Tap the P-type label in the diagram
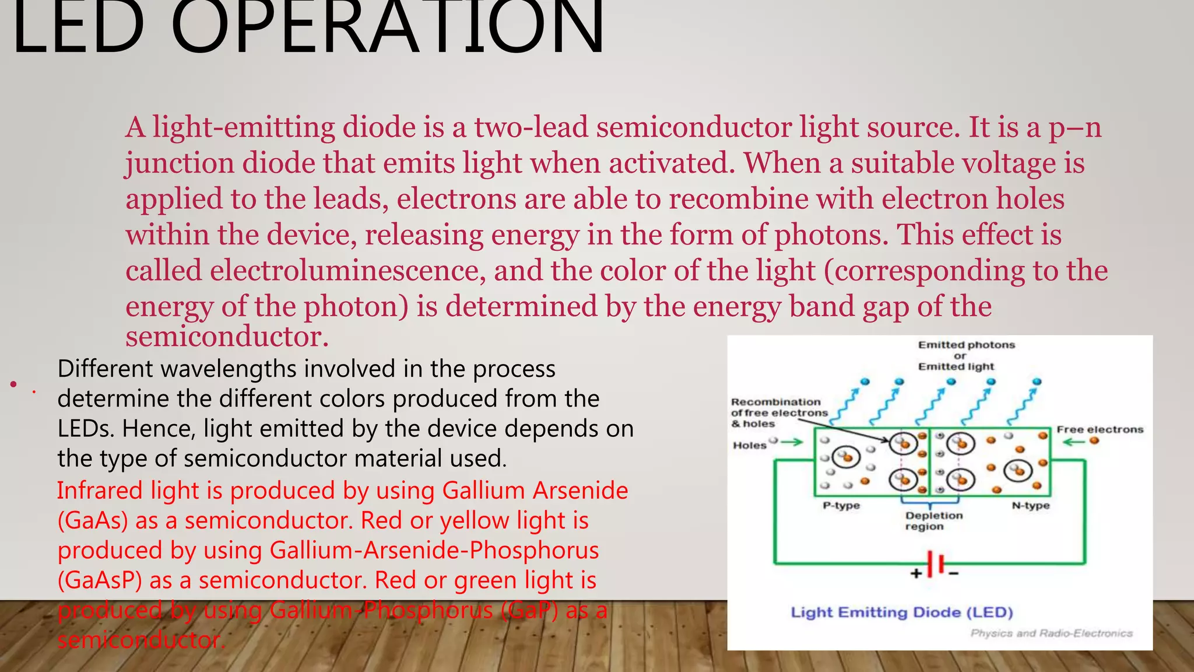(x=841, y=505)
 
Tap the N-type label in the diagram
(x=1030, y=505)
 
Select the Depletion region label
(x=933, y=521)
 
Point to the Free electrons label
(x=1100, y=429)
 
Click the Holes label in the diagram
(x=749, y=445)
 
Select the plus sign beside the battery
(x=916, y=573)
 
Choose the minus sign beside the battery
(x=954, y=574)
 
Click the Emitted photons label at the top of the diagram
(x=966, y=345)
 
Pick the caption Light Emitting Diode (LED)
(x=901, y=612)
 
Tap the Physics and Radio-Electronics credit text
(x=1051, y=633)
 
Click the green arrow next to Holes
(x=792, y=442)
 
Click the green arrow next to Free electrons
(x=1073, y=442)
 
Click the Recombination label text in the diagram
(x=775, y=402)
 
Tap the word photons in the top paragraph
(x=830, y=235)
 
